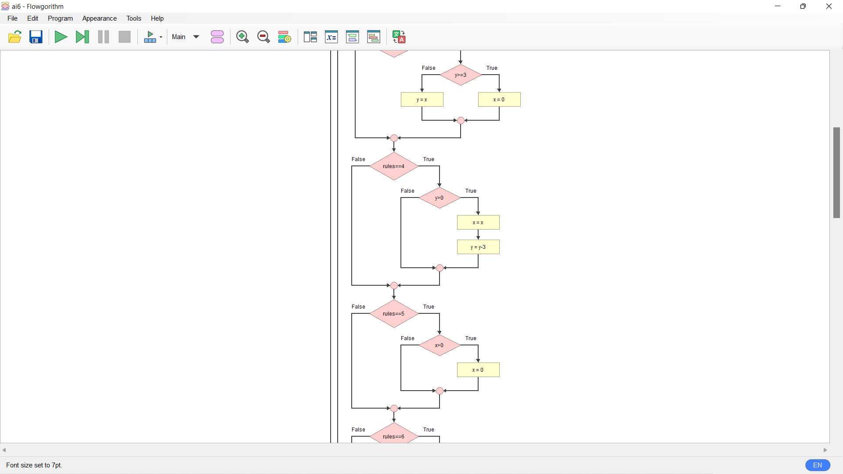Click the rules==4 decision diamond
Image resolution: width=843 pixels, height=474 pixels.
(x=394, y=166)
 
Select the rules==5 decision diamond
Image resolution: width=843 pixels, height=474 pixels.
(x=394, y=314)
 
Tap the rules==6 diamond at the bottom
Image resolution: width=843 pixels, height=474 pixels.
(x=394, y=436)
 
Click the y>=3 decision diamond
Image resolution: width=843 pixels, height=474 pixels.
(x=461, y=75)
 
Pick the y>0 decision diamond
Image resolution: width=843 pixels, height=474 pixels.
(x=440, y=198)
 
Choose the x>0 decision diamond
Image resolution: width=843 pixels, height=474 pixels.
(x=440, y=345)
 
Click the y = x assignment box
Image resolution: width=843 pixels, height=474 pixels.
(x=422, y=100)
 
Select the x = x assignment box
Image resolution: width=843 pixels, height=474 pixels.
(x=478, y=223)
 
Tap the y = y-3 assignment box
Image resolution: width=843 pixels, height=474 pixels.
(x=478, y=247)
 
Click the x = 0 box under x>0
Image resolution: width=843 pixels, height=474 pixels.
(x=478, y=370)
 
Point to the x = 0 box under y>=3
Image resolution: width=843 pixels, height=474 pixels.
(x=499, y=100)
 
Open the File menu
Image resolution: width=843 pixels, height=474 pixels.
(x=13, y=18)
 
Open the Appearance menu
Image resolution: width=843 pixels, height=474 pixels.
(x=99, y=18)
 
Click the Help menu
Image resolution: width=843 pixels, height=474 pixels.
(x=157, y=18)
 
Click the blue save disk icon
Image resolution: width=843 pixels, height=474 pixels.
(x=36, y=37)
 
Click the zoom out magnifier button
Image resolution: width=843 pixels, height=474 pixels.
(x=263, y=37)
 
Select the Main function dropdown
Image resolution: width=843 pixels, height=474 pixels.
(x=186, y=37)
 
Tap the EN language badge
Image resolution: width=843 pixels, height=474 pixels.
(x=818, y=465)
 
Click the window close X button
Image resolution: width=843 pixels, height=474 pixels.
(x=829, y=6)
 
